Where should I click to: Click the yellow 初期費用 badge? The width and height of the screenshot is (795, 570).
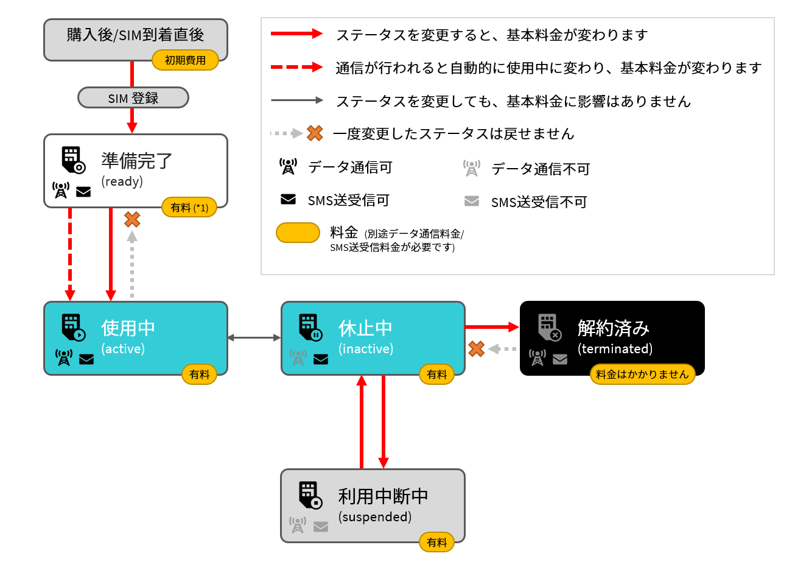point(185,60)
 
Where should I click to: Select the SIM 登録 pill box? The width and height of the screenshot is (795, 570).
point(133,97)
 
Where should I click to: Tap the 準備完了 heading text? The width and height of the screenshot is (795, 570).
point(136,161)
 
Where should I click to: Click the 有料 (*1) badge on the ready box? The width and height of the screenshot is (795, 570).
point(189,208)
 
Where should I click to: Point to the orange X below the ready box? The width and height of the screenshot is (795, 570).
point(132,219)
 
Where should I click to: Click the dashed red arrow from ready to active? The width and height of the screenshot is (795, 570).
point(70,254)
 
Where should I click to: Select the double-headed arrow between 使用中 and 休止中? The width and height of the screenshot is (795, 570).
point(254,338)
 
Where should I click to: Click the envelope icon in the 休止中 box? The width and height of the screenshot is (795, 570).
point(321,359)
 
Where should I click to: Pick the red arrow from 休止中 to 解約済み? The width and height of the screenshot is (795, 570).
point(492,327)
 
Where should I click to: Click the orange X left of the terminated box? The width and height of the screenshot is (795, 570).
point(476,349)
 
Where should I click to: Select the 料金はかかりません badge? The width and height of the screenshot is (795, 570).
point(642,375)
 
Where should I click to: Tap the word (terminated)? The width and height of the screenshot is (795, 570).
point(615,349)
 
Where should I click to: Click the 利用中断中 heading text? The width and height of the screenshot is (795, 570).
point(383,496)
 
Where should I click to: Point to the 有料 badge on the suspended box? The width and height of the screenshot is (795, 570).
point(436,543)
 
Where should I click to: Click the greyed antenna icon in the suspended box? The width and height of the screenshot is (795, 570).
point(298,525)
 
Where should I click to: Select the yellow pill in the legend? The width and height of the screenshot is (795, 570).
point(298,233)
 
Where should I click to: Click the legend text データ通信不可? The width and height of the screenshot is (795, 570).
point(541,169)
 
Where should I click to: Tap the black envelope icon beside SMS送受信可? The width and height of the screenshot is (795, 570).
point(288,199)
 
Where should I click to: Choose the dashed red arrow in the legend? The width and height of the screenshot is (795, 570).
point(296,67)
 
